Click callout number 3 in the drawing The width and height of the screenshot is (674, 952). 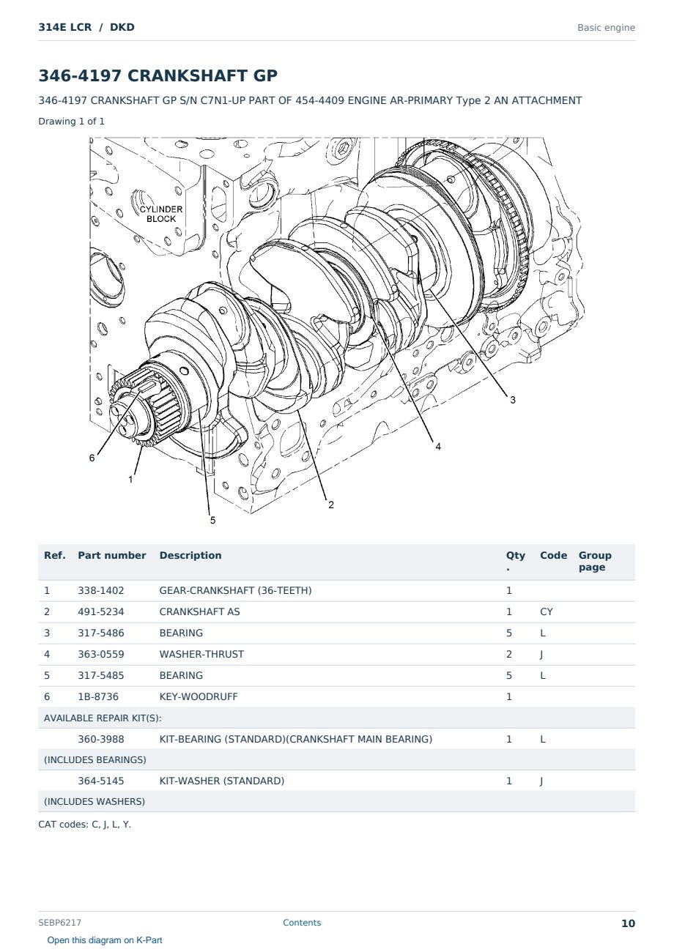(513, 400)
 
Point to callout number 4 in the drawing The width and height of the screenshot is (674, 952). (438, 446)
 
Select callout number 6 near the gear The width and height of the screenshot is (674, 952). (92, 458)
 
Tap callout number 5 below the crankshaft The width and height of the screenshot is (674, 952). (212, 520)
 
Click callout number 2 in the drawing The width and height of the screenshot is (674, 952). (331, 505)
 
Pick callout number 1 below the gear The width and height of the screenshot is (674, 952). (130, 480)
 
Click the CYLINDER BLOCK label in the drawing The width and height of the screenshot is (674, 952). (161, 214)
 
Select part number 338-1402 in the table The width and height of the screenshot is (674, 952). (101, 590)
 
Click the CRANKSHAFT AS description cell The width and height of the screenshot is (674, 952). (199, 611)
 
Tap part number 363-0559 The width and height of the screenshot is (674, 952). (101, 654)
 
